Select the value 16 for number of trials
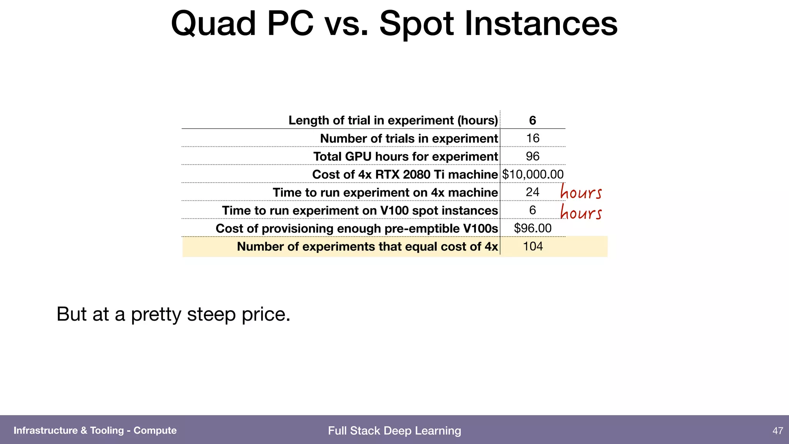tap(532, 138)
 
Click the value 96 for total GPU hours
tap(532, 156)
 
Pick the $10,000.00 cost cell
tap(532, 175)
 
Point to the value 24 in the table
tap(532, 192)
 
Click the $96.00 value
tap(532, 228)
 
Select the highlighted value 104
tap(532, 246)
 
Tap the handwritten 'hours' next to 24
tap(581, 192)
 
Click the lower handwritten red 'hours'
tap(581, 212)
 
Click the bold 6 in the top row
tap(532, 120)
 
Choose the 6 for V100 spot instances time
tap(532, 210)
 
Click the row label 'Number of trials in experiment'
tap(409, 138)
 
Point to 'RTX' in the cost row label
tap(387, 175)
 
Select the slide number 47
tap(777, 431)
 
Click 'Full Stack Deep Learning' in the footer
tap(394, 431)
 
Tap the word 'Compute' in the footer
tap(155, 431)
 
